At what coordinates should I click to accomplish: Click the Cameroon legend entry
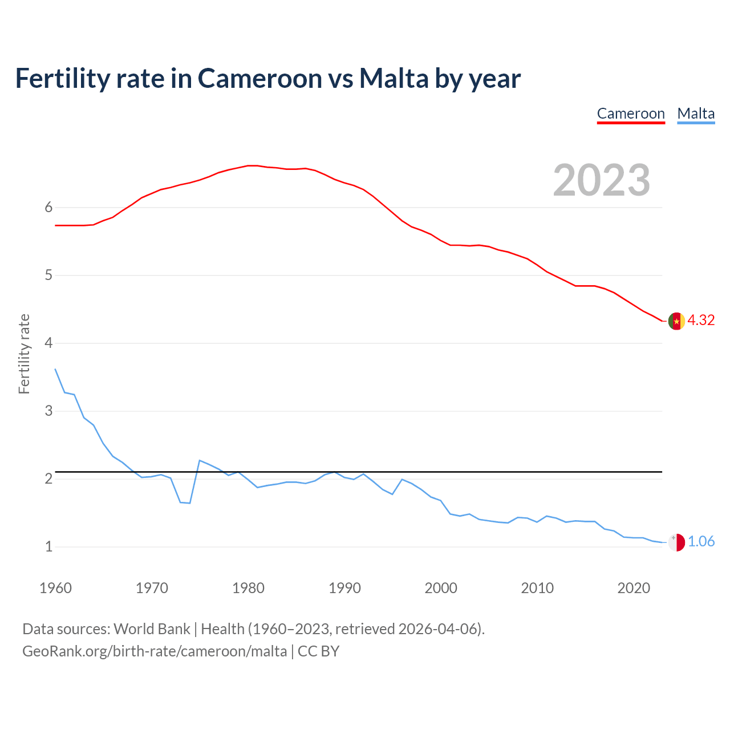(x=631, y=113)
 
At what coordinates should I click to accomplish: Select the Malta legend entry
(x=696, y=113)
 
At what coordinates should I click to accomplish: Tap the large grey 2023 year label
(x=602, y=180)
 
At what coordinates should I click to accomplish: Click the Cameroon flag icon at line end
(x=676, y=321)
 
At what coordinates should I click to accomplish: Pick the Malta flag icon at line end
(x=676, y=542)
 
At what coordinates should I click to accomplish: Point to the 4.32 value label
(x=701, y=320)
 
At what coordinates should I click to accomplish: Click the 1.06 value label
(x=701, y=541)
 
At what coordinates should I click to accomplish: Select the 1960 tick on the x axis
(x=55, y=588)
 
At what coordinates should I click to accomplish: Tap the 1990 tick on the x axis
(x=344, y=588)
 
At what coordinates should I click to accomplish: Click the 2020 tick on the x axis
(x=634, y=588)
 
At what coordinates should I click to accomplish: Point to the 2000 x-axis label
(x=441, y=588)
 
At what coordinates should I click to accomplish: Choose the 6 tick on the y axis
(x=48, y=208)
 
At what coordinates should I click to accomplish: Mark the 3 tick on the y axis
(x=48, y=411)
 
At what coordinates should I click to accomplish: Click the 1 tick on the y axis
(x=48, y=546)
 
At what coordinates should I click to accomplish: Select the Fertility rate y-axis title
(x=24, y=354)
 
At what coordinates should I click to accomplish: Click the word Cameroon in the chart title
(x=260, y=79)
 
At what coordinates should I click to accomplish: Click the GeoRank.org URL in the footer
(x=155, y=651)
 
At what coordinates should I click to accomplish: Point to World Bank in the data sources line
(x=152, y=629)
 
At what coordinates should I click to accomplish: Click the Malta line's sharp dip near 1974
(x=189, y=503)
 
